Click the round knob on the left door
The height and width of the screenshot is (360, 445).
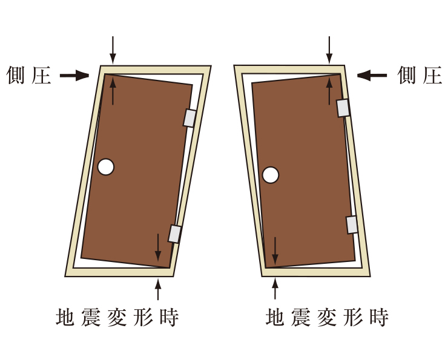tap(106, 166)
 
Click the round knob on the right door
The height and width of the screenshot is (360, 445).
tap(271, 175)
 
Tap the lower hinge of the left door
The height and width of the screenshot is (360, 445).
tap(175, 234)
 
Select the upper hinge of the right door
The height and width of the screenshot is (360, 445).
tap(343, 107)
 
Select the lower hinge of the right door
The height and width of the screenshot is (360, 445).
tap(352, 224)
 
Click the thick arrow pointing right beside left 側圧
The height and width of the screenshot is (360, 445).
tap(74, 76)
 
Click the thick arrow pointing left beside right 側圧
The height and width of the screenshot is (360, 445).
tap(372, 76)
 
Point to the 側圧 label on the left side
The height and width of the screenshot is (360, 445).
tap(29, 76)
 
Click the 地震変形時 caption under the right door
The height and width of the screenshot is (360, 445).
tap(327, 317)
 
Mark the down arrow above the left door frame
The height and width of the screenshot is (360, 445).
tap(113, 48)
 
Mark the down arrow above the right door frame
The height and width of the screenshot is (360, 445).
tap(329, 48)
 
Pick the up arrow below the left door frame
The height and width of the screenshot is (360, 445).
tap(159, 289)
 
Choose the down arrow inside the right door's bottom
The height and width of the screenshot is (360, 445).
tap(275, 250)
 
